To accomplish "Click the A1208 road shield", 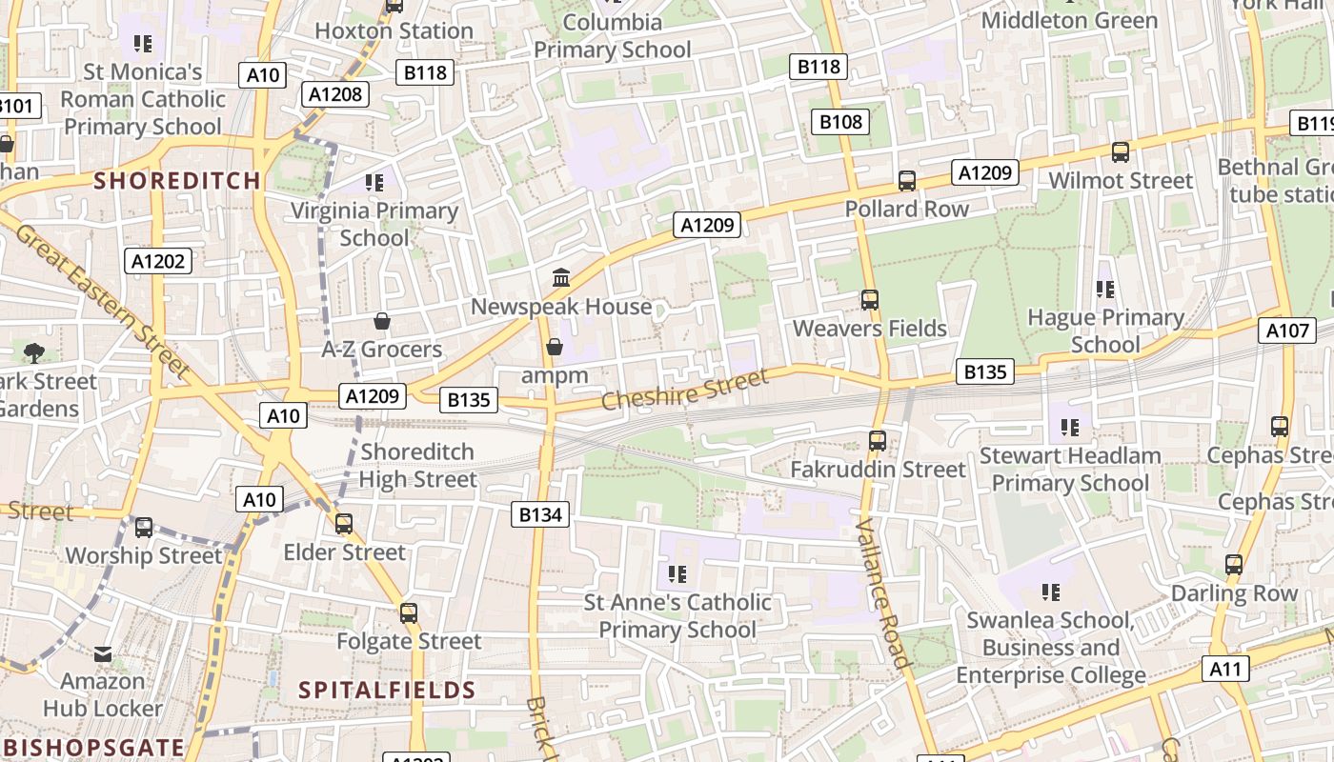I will click(x=336, y=93).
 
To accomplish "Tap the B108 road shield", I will click(x=840, y=121).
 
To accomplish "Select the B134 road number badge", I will click(x=541, y=514).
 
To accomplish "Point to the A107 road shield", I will click(x=1286, y=331).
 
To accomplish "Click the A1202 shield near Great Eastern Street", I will click(x=159, y=261).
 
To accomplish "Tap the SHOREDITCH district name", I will click(x=177, y=180).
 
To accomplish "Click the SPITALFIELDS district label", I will click(x=387, y=690).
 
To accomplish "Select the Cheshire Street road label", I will click(x=683, y=391).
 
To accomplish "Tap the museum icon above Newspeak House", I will click(x=561, y=278).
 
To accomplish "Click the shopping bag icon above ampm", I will click(x=555, y=347).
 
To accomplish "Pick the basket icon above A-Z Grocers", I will click(x=382, y=321).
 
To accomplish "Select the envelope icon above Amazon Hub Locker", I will click(x=103, y=654).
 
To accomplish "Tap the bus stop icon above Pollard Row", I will click(x=907, y=180).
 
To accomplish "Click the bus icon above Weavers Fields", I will click(x=869, y=300).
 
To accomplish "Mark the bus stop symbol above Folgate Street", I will click(x=409, y=612).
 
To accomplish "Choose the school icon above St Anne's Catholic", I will click(x=677, y=573).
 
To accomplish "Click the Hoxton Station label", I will click(x=394, y=30).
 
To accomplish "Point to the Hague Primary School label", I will click(x=1105, y=331).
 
